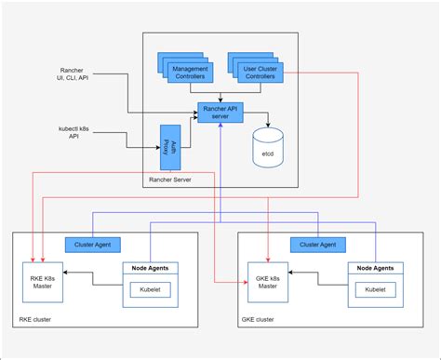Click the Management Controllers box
click(189, 72)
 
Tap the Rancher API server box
click(221, 113)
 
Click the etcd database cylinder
click(269, 142)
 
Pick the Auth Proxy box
click(169, 136)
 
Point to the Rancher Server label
click(170, 178)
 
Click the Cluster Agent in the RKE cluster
click(91, 244)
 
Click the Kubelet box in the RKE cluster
click(150, 289)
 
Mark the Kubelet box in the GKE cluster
click(376, 289)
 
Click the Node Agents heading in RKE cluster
click(150, 268)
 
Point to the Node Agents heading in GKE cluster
click(376, 268)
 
